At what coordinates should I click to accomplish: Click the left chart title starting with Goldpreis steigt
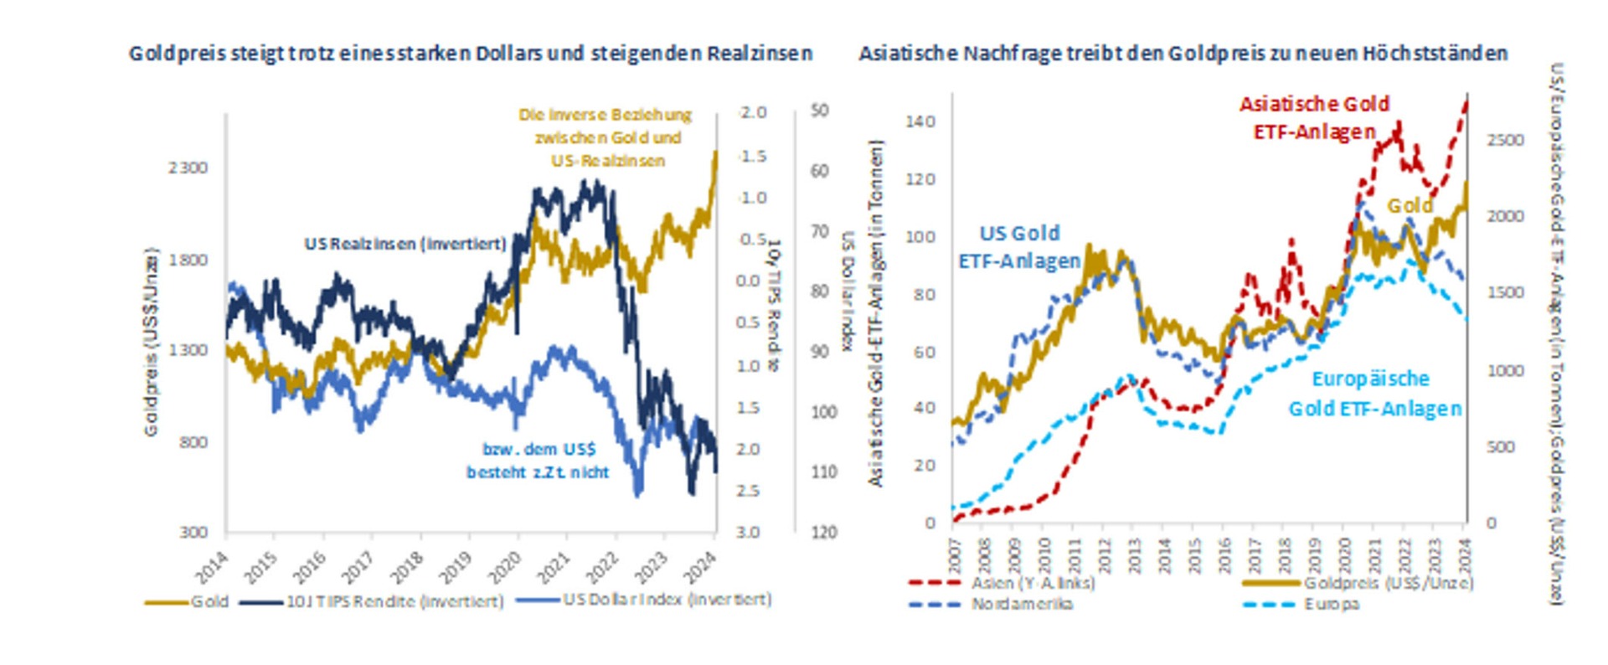470,54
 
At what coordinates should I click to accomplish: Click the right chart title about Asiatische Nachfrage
1183,54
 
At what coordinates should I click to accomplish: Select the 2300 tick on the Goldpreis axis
188,168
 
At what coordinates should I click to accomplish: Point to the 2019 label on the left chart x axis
456,568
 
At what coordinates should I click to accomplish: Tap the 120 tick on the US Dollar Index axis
823,533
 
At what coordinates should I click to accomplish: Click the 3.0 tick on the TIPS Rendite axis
748,533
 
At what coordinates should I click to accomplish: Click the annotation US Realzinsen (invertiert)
405,244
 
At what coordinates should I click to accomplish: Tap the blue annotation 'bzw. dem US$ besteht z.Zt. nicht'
538,461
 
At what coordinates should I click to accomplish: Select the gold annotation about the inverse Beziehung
606,137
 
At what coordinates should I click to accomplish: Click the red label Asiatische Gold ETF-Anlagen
1314,117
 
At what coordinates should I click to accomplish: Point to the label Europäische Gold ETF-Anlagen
1373,394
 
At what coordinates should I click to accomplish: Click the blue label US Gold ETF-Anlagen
1019,246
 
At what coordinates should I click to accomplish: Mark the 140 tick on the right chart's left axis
920,121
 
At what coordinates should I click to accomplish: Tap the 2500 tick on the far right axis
1505,140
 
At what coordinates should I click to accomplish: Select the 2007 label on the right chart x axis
955,556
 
